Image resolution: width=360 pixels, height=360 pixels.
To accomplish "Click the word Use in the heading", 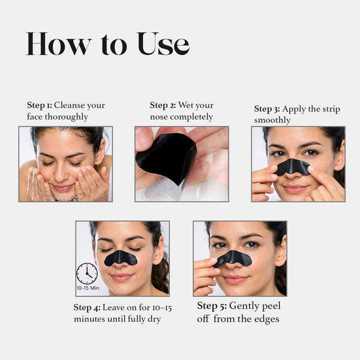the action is coord(163,44).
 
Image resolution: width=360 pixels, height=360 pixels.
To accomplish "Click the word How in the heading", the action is coord(59,44).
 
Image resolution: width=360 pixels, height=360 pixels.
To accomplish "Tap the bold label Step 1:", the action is coord(40,106).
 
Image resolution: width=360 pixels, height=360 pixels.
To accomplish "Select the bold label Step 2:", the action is coord(163,106).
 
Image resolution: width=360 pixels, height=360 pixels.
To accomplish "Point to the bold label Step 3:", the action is coord(267,109).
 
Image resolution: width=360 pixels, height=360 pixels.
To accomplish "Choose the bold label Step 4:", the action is coord(87,308).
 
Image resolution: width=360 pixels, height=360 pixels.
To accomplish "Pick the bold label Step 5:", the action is coord(212,306).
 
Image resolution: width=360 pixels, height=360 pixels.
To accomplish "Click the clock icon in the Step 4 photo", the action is coord(87,274).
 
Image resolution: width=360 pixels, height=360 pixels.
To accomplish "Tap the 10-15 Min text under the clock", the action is coord(88,288).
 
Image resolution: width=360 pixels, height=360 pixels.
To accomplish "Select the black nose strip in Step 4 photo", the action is coord(121,258).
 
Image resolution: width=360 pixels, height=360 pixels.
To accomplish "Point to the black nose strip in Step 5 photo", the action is coord(232,259).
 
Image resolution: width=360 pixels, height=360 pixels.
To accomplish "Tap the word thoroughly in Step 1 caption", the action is coord(67,117).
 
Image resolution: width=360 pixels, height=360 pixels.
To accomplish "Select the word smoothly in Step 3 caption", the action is coord(272,121).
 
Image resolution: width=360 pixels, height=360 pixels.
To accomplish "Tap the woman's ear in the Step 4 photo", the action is coord(159,250).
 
